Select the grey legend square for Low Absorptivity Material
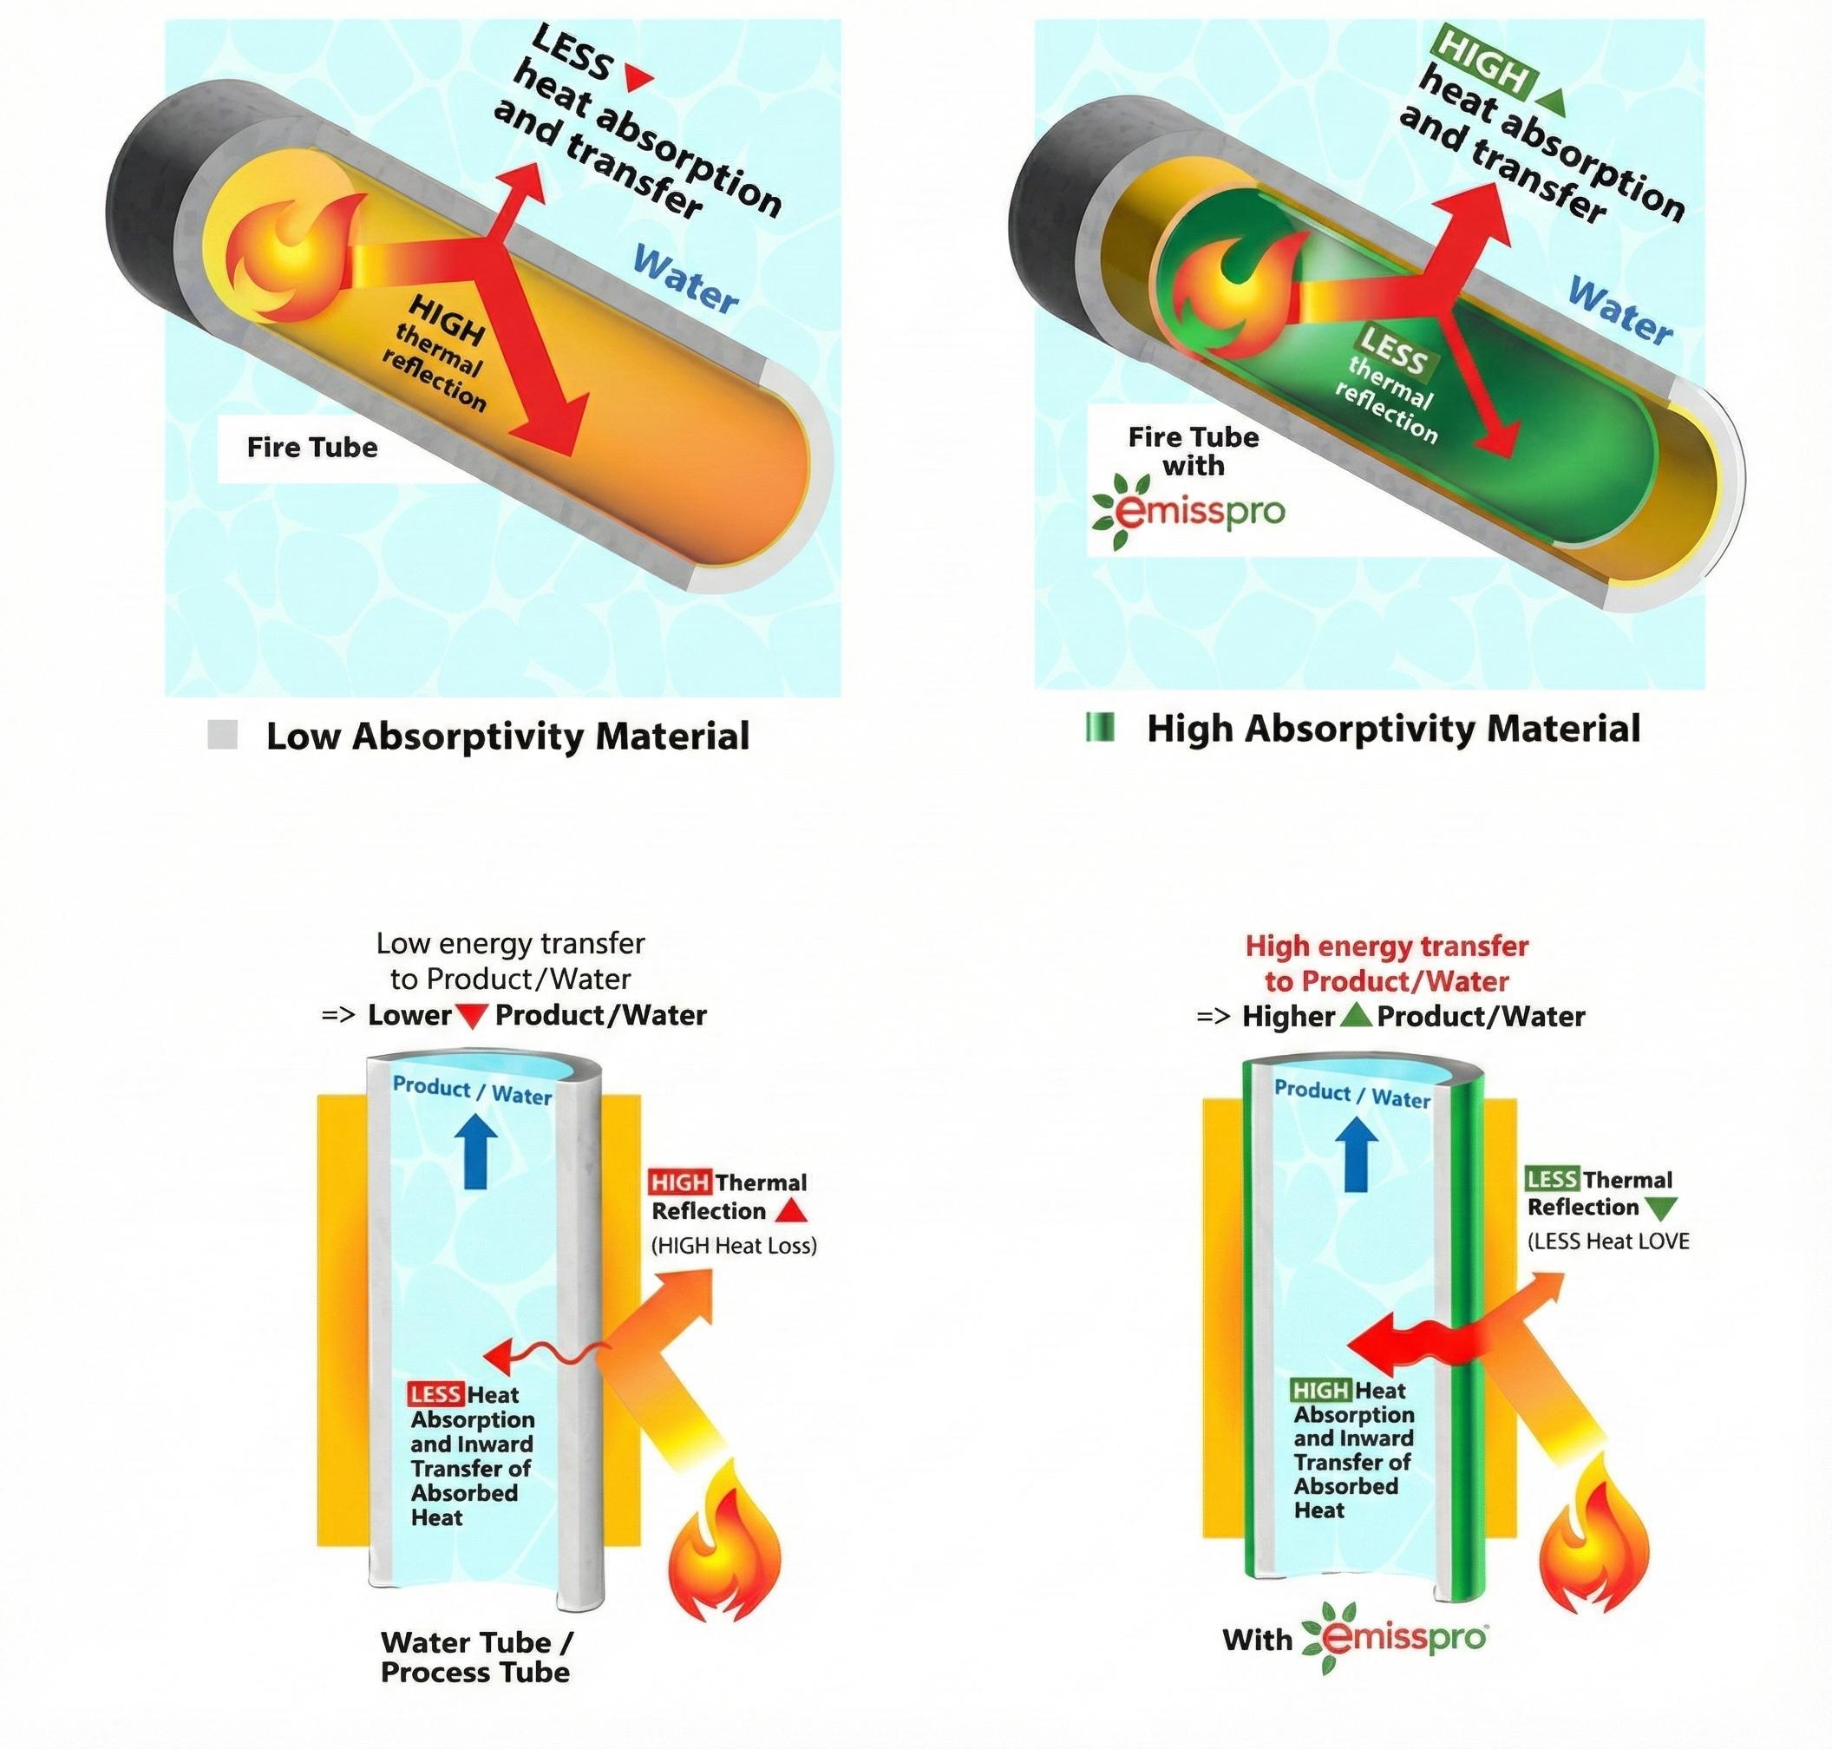pos(223,736)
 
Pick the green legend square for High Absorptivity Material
pos(1100,727)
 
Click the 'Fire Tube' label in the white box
pos(312,448)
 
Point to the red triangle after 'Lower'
pos(473,1015)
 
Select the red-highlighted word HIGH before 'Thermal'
pos(680,1183)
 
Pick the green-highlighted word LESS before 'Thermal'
pos(1551,1179)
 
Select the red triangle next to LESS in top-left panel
pos(638,78)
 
